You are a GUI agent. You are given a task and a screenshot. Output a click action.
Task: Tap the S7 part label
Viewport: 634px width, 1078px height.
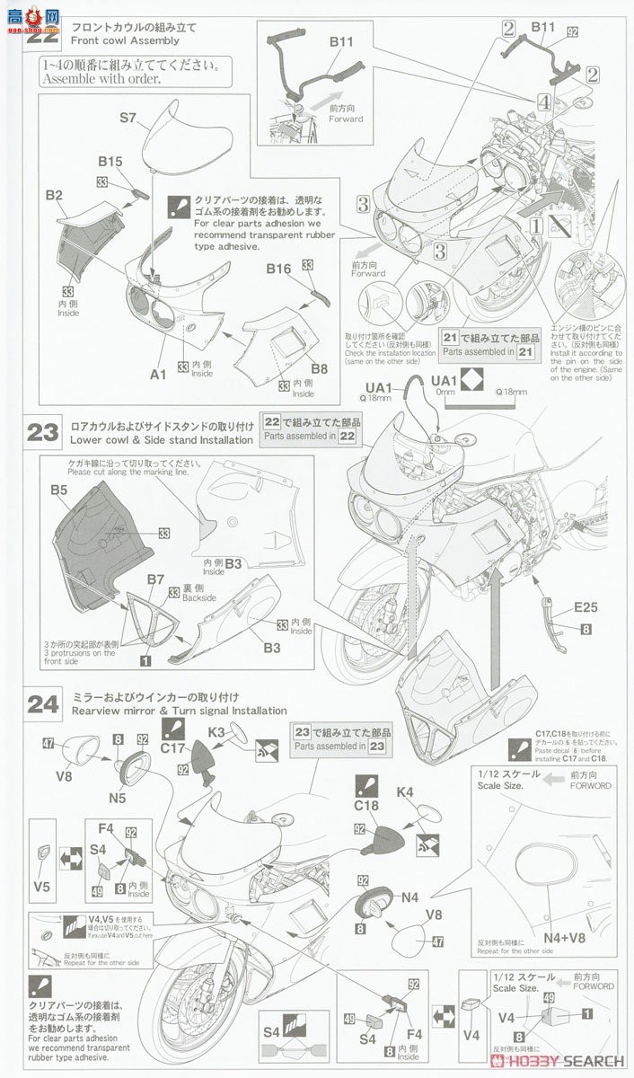(128, 118)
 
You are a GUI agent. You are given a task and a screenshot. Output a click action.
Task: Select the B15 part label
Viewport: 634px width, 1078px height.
(110, 162)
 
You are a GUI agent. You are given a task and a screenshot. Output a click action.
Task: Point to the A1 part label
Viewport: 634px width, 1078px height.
(159, 376)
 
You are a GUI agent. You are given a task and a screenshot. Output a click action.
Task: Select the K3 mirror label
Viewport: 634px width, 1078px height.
(217, 733)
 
